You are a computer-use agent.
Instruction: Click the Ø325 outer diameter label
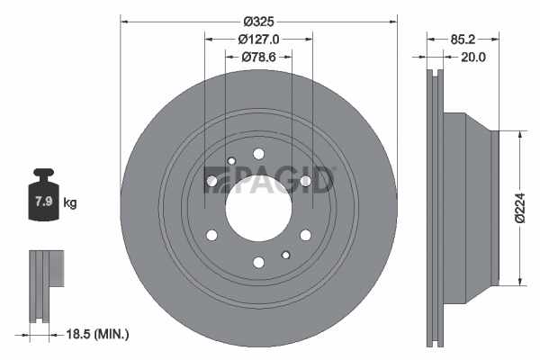click(x=258, y=22)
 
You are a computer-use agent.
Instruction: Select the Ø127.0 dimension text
click(x=258, y=40)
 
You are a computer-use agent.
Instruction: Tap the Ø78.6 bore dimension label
click(x=258, y=57)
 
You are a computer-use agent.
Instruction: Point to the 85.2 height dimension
click(x=463, y=40)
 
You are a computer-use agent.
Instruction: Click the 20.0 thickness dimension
click(x=473, y=58)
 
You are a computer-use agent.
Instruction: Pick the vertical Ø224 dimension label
click(x=520, y=208)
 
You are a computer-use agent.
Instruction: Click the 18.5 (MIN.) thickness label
click(x=97, y=334)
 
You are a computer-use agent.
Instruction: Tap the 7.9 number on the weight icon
click(x=44, y=202)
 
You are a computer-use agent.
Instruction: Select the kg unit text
click(x=70, y=202)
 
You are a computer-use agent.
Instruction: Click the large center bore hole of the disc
click(x=258, y=208)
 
